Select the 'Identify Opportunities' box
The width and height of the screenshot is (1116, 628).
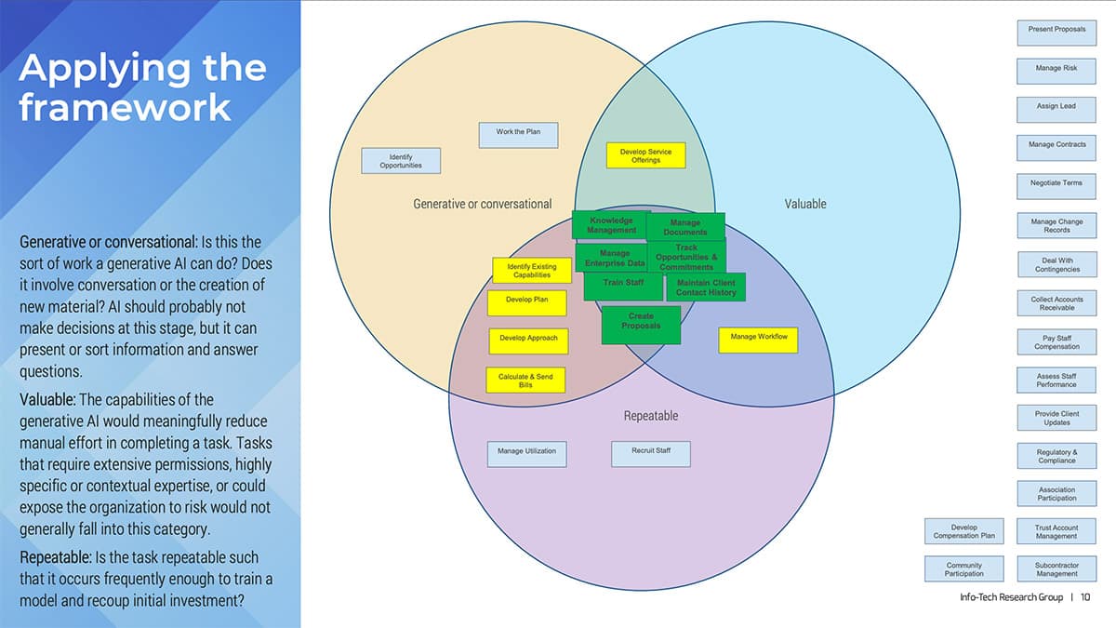click(401, 161)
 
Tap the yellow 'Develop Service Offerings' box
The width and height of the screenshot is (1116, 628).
click(645, 155)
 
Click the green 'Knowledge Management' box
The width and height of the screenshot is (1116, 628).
click(611, 225)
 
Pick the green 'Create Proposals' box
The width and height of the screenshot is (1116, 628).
click(641, 324)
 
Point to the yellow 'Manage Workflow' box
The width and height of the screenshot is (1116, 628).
click(758, 340)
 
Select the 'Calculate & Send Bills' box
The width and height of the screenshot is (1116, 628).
click(525, 380)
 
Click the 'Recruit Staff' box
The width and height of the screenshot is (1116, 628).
click(650, 454)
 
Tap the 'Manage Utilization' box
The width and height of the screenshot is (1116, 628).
click(526, 454)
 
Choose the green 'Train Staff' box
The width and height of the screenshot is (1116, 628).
click(622, 285)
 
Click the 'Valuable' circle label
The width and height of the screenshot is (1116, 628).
click(804, 204)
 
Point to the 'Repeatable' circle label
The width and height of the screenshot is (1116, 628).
click(650, 416)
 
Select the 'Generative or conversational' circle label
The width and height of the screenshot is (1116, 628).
click(482, 204)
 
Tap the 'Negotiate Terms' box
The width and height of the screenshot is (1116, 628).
click(1056, 186)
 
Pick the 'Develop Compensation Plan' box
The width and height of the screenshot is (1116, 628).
click(964, 531)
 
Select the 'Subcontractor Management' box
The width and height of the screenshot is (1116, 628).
click(1056, 568)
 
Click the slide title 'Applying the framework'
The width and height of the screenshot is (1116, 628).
click(142, 87)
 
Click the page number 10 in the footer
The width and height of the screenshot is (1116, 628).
click(1085, 597)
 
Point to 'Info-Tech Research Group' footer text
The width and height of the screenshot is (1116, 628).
click(1011, 597)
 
